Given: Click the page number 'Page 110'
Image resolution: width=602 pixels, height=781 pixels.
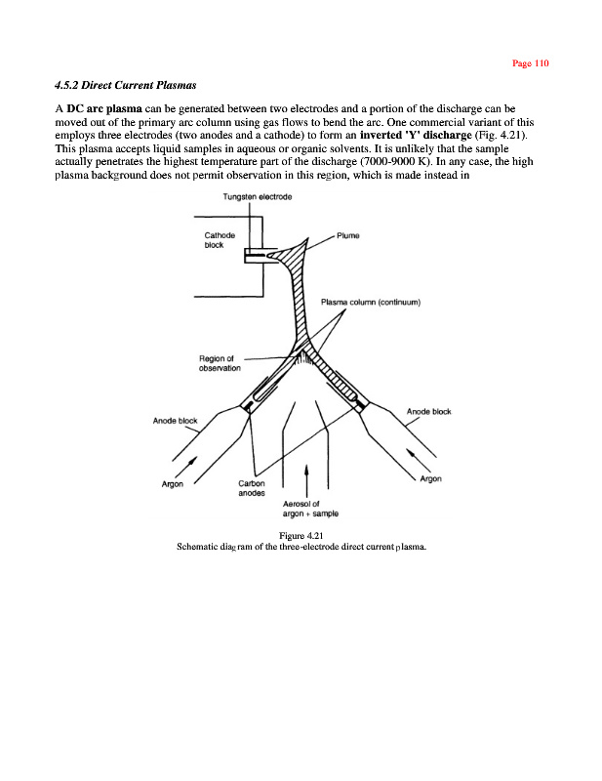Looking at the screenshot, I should pos(531,63).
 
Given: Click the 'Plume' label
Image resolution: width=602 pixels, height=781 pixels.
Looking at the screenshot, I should pos(349,235).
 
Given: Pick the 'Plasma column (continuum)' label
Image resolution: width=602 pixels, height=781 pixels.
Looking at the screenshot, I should pos(370,302).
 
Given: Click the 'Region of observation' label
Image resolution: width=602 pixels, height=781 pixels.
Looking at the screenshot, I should pos(221,362).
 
